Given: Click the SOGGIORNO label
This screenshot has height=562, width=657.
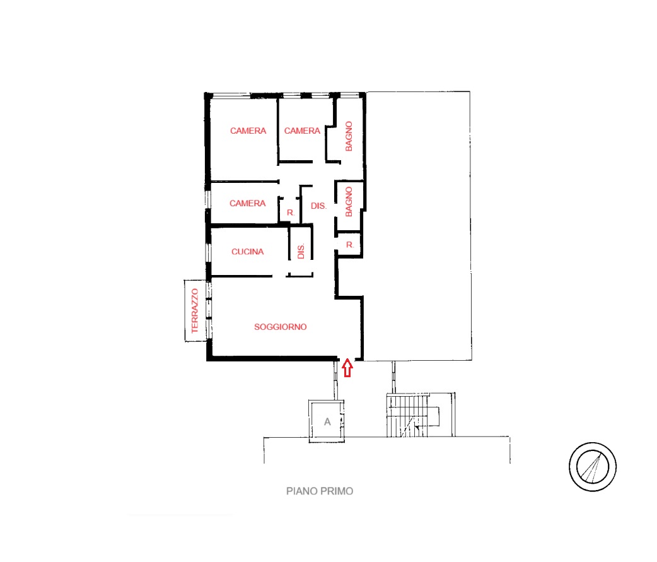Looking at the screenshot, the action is pos(281,327).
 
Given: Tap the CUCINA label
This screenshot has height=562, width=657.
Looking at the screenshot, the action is pos(248,252).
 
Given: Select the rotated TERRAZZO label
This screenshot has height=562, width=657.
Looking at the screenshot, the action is pos(195,310).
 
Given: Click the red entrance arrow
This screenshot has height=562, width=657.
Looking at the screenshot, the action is pos(347,368).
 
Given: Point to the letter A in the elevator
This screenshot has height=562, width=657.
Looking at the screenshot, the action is pos(327,422).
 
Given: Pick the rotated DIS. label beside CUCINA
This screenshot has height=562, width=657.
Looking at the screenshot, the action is pos(301,251).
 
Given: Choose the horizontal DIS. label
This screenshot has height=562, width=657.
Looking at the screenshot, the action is pos(318,206).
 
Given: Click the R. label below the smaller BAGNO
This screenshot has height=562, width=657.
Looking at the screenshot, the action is pos(350,245).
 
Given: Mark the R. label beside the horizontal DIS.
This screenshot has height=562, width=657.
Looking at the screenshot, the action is pos(291,213).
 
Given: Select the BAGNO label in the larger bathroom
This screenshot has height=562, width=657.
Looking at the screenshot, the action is pos(349,136).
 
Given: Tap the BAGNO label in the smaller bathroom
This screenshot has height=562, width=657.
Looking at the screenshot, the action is pos(349,202).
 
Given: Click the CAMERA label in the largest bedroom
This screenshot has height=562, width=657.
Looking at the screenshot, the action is pos(248,131).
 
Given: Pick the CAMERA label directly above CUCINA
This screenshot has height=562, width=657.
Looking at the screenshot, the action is pos(248,203).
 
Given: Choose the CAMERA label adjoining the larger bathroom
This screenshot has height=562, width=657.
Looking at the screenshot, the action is pos(302,131).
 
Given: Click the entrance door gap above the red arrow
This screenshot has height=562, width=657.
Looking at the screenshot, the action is pos(347,359).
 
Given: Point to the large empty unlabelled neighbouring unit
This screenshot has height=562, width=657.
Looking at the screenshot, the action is pos(418,226).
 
